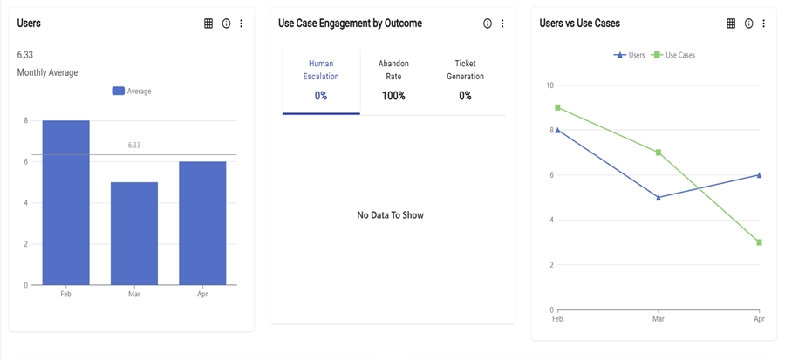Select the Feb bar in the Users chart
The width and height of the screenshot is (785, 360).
(65, 202)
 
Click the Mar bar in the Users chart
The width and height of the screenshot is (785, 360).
(134, 233)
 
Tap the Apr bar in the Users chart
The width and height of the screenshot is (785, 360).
(202, 223)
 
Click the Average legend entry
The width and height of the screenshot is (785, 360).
(132, 91)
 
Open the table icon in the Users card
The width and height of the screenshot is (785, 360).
(208, 24)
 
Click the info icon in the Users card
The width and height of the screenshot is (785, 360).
(226, 24)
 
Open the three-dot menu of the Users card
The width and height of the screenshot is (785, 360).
(242, 24)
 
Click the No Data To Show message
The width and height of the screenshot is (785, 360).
(390, 215)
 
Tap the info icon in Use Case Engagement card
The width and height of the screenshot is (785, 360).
(488, 24)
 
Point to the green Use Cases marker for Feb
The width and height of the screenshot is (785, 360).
(557, 108)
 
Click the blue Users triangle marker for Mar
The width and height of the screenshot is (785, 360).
(659, 198)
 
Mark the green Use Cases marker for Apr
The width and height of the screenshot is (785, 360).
(760, 242)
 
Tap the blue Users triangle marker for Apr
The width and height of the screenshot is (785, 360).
(760, 175)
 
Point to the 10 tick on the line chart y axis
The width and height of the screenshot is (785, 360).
(549, 85)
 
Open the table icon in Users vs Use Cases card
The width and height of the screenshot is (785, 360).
(731, 24)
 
